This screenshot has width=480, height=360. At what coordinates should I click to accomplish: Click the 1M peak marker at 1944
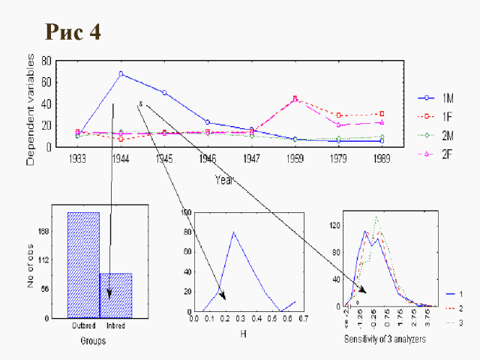point(121,73)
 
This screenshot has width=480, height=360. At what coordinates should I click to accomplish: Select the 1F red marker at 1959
point(295,98)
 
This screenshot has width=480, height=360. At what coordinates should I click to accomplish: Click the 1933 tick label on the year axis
point(77,159)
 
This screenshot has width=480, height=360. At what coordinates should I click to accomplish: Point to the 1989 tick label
point(382,159)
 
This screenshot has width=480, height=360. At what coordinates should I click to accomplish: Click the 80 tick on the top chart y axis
point(47,60)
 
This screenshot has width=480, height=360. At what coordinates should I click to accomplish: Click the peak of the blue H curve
point(234,232)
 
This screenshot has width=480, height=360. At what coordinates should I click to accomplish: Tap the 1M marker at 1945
point(163,92)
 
